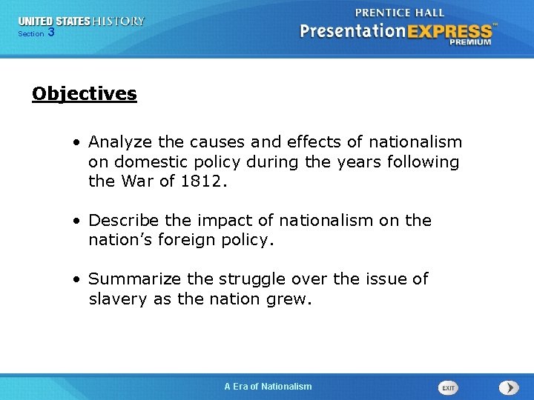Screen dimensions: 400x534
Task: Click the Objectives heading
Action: [85, 94]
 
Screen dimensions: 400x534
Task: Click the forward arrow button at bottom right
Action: [509, 387]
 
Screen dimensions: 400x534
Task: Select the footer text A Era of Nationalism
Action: [268, 386]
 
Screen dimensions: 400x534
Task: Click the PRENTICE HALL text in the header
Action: [400, 13]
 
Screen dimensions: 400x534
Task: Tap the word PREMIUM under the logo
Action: [469, 42]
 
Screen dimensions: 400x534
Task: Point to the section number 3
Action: [51, 33]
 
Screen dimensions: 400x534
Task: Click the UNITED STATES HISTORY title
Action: [82, 21]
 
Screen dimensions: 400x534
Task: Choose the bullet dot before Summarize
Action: [77, 280]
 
